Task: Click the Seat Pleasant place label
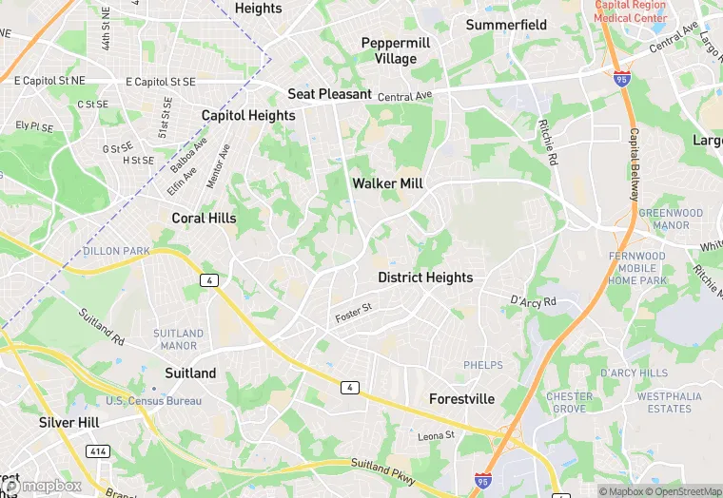(330, 94)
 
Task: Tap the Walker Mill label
(387, 183)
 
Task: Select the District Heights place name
(425, 278)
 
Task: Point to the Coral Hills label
(204, 218)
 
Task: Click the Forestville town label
(461, 399)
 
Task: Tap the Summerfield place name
(506, 25)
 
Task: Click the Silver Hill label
(68, 421)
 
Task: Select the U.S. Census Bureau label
(154, 401)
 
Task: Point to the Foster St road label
(352, 310)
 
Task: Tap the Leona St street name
(437, 436)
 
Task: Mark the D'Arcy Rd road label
(532, 302)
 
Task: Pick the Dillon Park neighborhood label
(117, 251)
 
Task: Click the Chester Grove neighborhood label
(569, 402)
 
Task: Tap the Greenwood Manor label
(671, 220)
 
